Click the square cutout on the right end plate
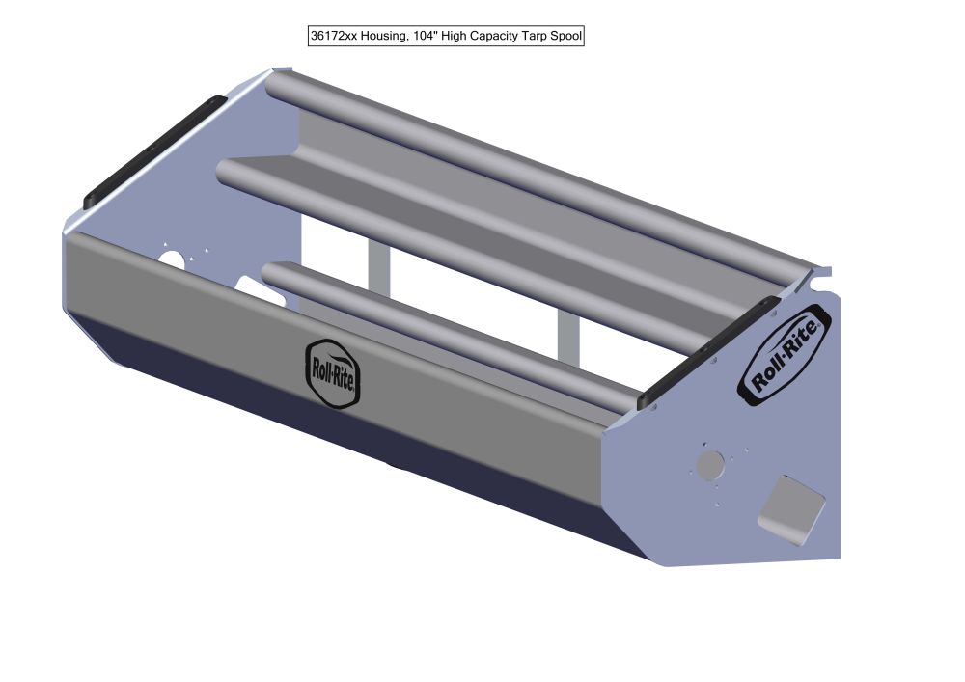point(792,507)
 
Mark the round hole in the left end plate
point(173,262)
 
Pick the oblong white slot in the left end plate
point(258,291)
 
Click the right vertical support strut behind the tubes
point(567,333)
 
